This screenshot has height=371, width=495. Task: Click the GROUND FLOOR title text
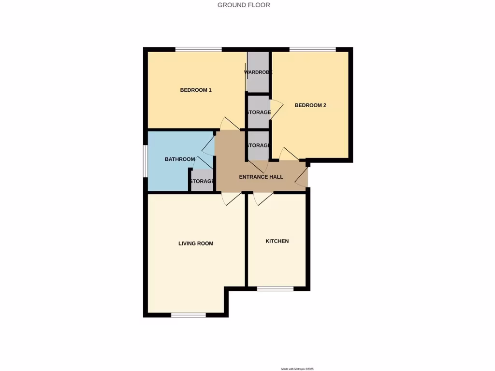click(x=244, y=5)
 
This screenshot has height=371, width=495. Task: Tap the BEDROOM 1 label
click(x=196, y=90)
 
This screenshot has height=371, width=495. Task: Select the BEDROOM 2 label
click(x=310, y=105)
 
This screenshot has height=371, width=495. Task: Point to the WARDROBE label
click(x=258, y=72)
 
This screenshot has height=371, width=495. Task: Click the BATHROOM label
click(x=180, y=159)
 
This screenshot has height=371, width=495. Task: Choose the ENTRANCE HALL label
click(x=261, y=177)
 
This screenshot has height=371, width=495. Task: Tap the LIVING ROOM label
click(x=196, y=243)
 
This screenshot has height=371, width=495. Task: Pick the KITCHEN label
click(x=277, y=241)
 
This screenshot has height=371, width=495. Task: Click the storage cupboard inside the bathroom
click(x=202, y=181)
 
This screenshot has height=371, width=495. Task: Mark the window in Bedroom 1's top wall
click(x=198, y=49)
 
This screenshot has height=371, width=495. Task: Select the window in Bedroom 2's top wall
click(x=312, y=49)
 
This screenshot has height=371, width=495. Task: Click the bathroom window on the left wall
click(x=145, y=161)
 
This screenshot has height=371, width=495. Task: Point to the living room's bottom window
click(x=189, y=315)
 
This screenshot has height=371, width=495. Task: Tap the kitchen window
click(x=275, y=289)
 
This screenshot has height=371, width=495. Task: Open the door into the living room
click(x=231, y=198)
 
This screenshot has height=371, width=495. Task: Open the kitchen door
click(x=263, y=198)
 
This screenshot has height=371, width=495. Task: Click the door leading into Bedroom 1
click(x=230, y=124)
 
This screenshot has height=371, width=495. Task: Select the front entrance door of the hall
click(x=303, y=178)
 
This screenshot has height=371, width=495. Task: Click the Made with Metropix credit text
click(x=297, y=369)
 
